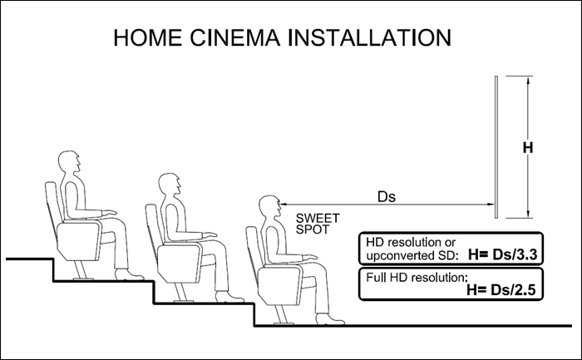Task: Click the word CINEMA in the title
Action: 235,37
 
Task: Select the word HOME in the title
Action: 148,37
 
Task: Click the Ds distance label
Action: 387,197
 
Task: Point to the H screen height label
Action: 528,148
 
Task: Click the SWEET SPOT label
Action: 318,224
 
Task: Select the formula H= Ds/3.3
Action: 502,255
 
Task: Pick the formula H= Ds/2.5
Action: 501,290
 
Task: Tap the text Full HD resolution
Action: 416,277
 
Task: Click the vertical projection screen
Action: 496,147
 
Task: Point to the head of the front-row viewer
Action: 270,206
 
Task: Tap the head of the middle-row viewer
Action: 170,184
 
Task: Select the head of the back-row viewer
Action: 69,162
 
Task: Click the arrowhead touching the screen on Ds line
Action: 491,205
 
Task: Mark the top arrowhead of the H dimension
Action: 528,79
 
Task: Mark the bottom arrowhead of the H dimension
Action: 528,215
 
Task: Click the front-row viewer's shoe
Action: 329,319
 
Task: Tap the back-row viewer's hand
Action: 110,213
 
